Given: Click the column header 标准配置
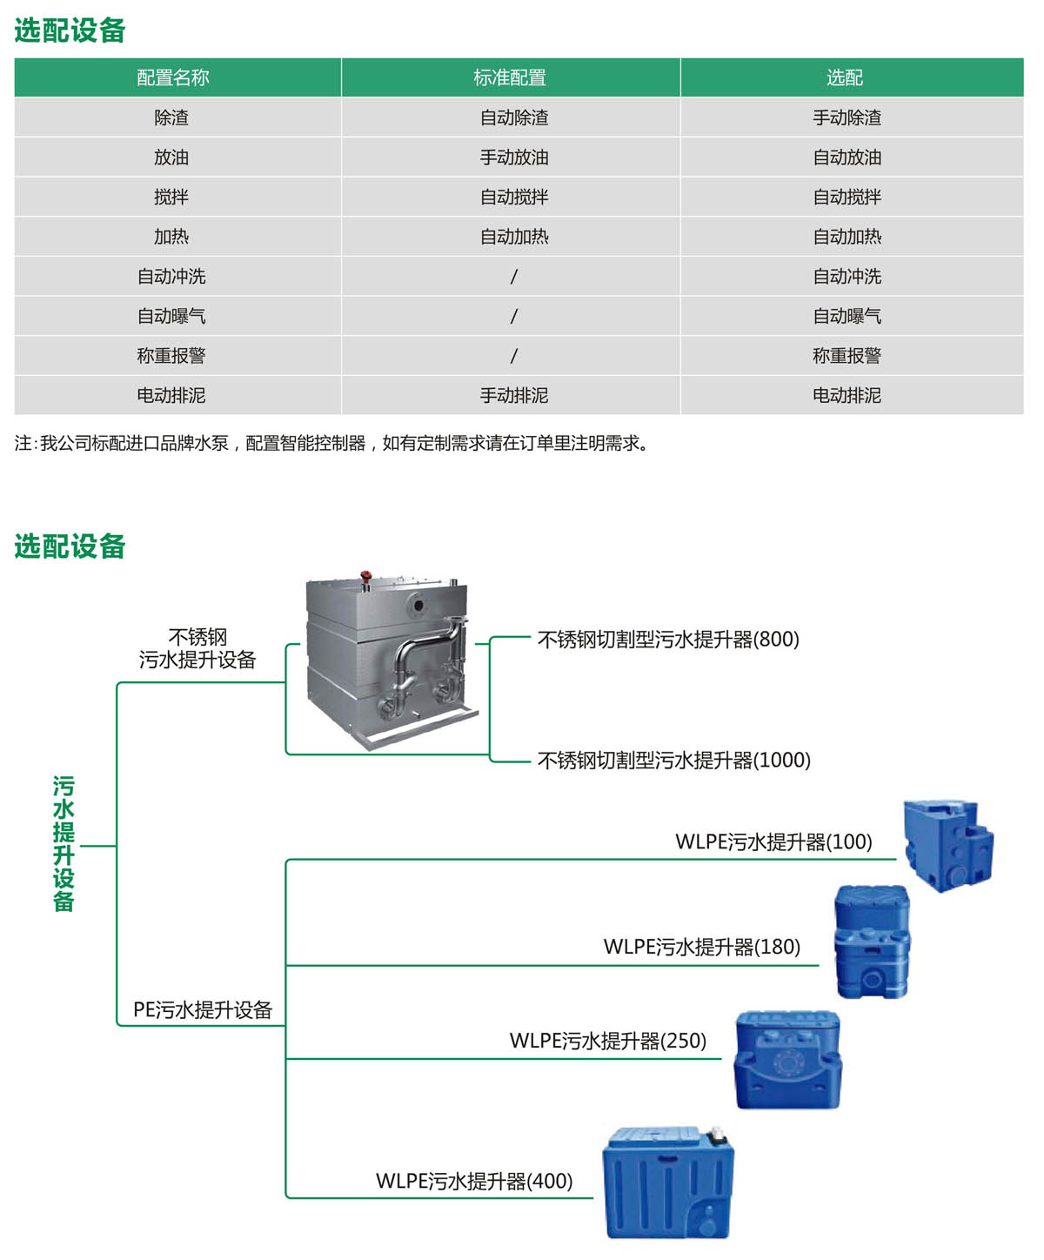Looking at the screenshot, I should coord(510,77).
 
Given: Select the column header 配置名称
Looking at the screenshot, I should coord(173,77).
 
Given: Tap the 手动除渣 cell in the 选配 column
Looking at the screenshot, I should coord(847,117).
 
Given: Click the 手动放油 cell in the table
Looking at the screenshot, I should coord(514,157).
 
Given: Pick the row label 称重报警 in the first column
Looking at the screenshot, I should coord(171,355).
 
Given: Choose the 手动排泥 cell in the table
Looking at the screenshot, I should coord(514,395).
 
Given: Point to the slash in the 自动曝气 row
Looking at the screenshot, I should coord(513,316).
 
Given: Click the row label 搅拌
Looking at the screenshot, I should coord(171,197).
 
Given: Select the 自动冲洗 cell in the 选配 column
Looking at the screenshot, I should coord(847,276).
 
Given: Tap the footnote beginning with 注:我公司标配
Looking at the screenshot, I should coord(331,443).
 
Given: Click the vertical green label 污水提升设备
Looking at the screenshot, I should coord(64,843).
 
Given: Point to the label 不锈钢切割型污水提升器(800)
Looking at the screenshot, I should coord(667,640).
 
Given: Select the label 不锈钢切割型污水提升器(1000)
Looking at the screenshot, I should coord(673,760).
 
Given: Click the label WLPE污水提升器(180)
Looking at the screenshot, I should coord(701,947).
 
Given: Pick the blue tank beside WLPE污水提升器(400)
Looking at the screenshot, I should coord(668,1182).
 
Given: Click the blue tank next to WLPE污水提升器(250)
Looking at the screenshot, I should coord(787,1059).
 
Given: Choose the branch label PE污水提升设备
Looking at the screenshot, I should coord(203,1009).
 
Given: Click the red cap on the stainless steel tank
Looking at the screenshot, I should coord(366,576).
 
